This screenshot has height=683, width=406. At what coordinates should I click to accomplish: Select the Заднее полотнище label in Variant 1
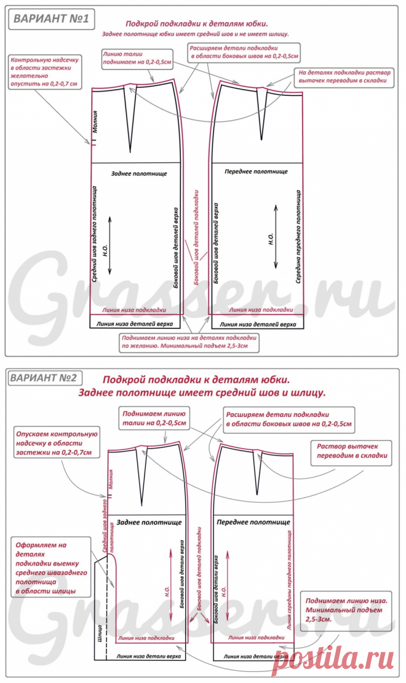pyautogui.click(x=139, y=175)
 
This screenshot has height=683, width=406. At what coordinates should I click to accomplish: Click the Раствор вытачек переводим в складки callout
pyautogui.click(x=352, y=451)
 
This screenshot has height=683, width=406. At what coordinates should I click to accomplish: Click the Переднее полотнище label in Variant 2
pyautogui.click(x=253, y=522)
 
